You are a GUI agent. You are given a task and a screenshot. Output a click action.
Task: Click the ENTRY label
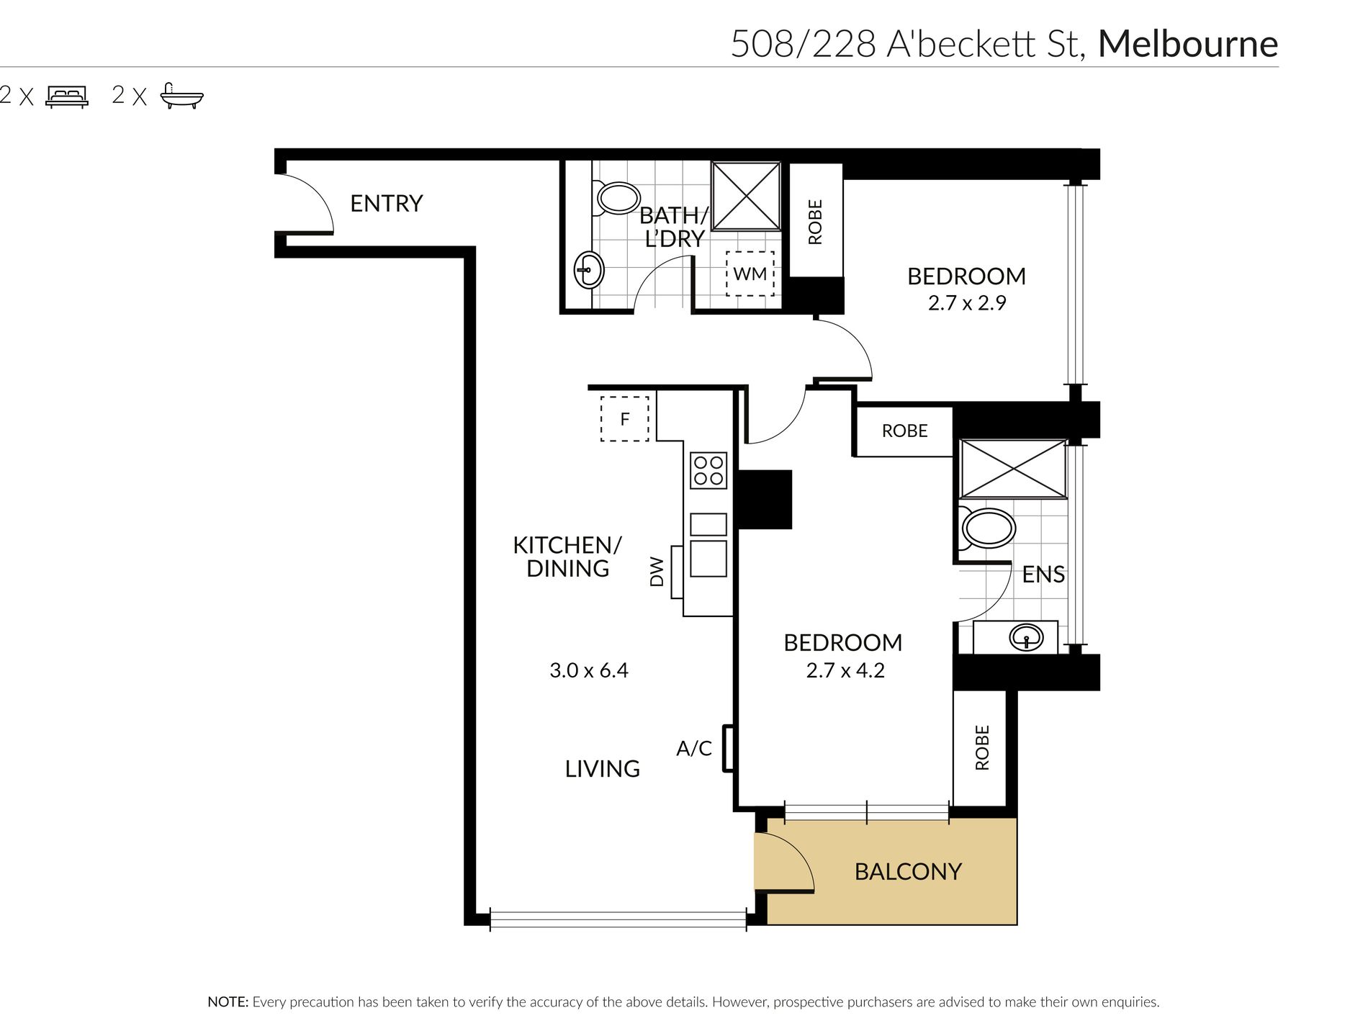[386, 204]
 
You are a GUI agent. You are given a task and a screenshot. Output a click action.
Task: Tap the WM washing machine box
[750, 274]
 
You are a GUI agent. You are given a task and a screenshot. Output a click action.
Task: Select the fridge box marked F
[625, 418]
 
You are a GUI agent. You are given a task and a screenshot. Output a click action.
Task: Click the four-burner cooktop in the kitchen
[708, 471]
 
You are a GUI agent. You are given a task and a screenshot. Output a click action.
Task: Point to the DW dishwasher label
[657, 572]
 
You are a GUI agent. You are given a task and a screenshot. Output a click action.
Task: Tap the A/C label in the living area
[694, 749]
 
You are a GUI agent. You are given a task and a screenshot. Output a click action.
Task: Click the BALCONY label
[908, 872]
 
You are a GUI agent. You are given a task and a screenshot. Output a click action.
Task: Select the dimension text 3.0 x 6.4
[589, 671]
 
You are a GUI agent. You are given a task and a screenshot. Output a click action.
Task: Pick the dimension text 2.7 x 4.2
[845, 671]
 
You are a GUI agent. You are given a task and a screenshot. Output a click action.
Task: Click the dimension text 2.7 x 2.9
[967, 303]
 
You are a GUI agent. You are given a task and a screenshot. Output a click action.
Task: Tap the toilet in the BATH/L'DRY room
[616, 198]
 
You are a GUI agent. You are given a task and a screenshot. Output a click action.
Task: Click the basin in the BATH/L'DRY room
[589, 271]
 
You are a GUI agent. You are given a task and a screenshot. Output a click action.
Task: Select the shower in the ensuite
[1013, 469]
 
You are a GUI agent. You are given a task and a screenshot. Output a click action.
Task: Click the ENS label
[1043, 575]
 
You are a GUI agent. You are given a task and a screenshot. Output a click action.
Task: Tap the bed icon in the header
[67, 96]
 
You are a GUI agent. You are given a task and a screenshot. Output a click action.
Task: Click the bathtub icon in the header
[181, 96]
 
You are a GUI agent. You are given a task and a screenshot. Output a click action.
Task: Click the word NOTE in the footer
[228, 1002]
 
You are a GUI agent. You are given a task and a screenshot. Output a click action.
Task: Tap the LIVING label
[603, 769]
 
